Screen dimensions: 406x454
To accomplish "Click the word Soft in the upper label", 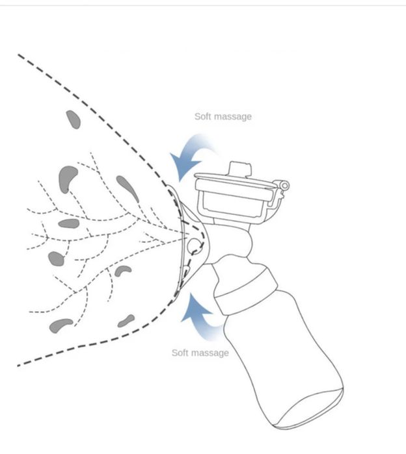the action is point(202,116).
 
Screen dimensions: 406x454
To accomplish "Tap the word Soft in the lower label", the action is point(180,353).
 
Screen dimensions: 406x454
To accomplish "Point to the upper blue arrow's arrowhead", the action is point(183,166).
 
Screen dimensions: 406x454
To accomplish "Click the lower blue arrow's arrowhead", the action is point(195,307).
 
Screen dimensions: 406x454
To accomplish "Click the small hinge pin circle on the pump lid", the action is point(285,185).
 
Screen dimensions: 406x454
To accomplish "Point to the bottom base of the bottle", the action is point(309,410).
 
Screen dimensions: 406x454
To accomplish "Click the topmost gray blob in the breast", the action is point(73,120).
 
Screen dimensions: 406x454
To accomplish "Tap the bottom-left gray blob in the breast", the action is point(61,325).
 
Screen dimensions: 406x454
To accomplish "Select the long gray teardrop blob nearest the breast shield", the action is point(128,188).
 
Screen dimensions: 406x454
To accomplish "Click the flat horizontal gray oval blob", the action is point(69,223).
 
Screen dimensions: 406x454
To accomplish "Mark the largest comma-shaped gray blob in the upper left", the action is point(66,178).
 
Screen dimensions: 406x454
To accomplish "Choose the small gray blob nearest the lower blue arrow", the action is point(126,321).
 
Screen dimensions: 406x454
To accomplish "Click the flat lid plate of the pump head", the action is point(234,182).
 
